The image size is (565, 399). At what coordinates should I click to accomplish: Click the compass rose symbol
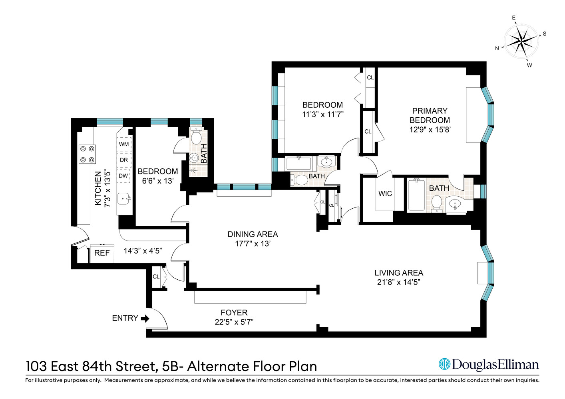[x=521, y=41]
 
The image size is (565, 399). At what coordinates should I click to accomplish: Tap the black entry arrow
[x=145, y=318]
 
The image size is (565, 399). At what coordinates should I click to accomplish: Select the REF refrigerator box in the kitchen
[x=102, y=253]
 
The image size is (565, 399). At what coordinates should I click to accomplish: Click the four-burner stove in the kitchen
[x=87, y=154]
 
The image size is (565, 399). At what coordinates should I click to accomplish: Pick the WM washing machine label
[x=124, y=144]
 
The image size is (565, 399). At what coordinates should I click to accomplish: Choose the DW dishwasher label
[x=123, y=176]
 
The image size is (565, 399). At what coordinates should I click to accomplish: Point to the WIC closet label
[x=385, y=194]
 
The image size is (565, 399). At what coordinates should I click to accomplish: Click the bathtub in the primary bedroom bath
[x=416, y=195]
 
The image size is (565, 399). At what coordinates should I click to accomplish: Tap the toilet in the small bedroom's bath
[x=196, y=136]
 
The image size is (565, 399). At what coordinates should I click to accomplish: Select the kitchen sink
[x=124, y=198]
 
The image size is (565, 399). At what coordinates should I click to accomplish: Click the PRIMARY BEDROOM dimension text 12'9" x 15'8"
[x=430, y=130]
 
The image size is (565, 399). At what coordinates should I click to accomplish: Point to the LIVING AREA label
[x=398, y=273]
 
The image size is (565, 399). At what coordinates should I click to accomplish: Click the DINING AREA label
[x=253, y=235]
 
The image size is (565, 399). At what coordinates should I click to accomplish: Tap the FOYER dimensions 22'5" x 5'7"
[x=234, y=322]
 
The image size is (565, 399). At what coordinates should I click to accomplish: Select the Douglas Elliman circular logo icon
[x=444, y=364]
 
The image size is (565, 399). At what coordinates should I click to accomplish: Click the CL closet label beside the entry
[x=156, y=277]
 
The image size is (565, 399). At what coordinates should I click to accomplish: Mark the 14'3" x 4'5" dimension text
[x=142, y=251]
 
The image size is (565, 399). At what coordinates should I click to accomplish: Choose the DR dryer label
[x=124, y=160]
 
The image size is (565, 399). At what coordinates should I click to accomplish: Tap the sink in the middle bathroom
[x=326, y=162]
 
